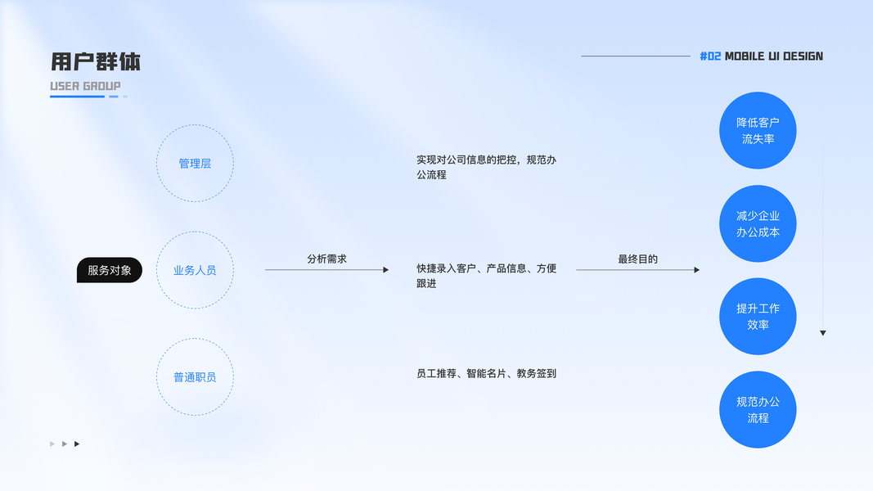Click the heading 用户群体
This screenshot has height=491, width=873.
[96, 62]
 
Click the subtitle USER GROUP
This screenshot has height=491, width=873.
[85, 86]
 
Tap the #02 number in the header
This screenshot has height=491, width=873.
[710, 56]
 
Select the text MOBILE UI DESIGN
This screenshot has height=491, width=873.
[774, 56]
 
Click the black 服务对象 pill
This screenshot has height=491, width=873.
[110, 270]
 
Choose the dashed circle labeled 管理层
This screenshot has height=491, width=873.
[195, 164]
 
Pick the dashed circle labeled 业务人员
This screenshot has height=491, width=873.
[195, 270]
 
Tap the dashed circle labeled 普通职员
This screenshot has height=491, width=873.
[195, 377]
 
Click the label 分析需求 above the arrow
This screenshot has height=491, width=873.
[326, 259]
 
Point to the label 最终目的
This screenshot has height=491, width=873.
[637, 259]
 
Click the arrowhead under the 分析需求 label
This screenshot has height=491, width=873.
[386, 270]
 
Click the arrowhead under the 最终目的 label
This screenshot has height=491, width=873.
[697, 270]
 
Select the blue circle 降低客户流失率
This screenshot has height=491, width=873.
[758, 131]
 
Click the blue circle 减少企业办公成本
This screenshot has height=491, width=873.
[758, 223]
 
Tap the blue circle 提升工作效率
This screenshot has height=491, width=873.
[758, 317]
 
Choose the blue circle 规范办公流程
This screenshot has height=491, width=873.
[758, 410]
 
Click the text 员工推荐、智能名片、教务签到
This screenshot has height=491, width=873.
[486, 374]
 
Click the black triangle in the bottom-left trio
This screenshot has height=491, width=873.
[77, 444]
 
